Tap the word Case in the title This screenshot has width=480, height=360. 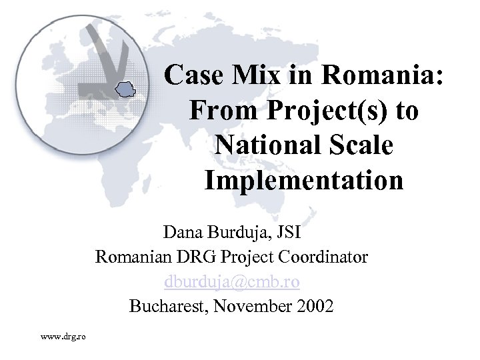(193, 75)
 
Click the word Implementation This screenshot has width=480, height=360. (303, 180)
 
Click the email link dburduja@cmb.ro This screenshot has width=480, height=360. (232, 281)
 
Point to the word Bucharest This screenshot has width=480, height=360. (167, 306)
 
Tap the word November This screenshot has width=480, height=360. (249, 306)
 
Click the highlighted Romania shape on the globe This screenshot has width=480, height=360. (125, 89)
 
